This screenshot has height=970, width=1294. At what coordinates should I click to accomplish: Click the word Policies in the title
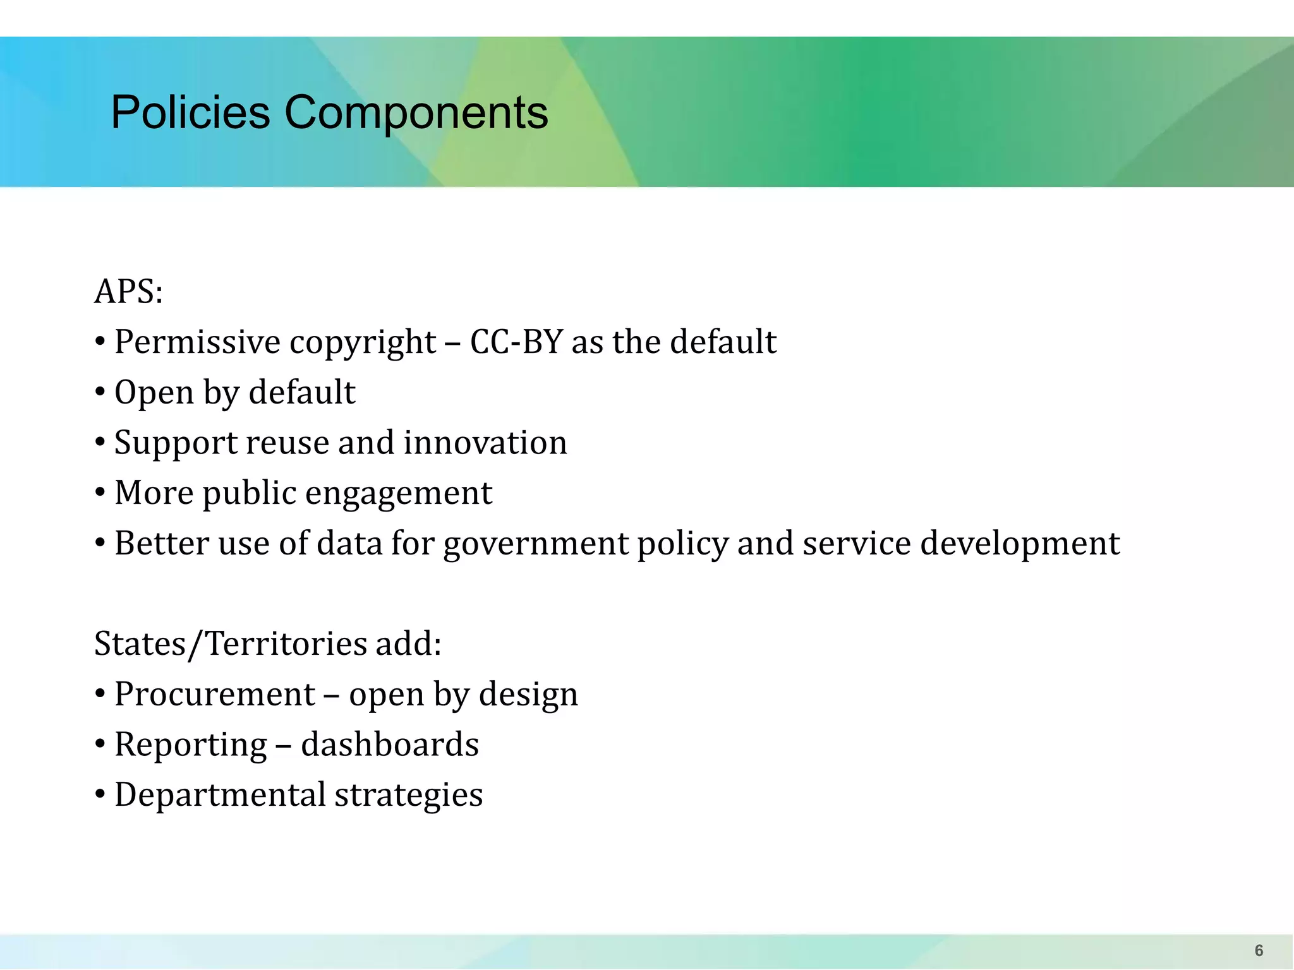pyautogui.click(x=190, y=112)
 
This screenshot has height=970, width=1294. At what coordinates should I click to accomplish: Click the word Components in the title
pyautogui.click(x=416, y=112)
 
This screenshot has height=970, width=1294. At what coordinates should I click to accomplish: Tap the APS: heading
pyautogui.click(x=129, y=292)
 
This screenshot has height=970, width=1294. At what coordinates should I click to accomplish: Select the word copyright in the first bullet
pyautogui.click(x=363, y=343)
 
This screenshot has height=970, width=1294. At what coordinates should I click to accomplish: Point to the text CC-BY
pyautogui.click(x=516, y=342)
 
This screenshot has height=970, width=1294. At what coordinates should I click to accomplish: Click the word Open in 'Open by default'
pyautogui.click(x=154, y=393)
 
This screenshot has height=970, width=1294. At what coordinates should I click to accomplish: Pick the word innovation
pyautogui.click(x=485, y=442)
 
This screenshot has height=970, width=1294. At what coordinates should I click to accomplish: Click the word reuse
pyautogui.click(x=287, y=443)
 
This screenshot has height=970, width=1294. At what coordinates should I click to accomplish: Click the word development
pyautogui.click(x=1020, y=544)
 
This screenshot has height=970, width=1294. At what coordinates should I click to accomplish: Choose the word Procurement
pyautogui.click(x=215, y=694)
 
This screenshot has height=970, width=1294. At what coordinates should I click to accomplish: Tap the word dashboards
pyautogui.click(x=390, y=744)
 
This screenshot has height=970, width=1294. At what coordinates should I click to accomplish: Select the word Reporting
pyautogui.click(x=191, y=745)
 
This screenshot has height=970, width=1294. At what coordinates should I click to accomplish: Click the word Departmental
pyautogui.click(x=220, y=794)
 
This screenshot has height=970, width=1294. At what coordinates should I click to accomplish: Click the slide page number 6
pyautogui.click(x=1259, y=950)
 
